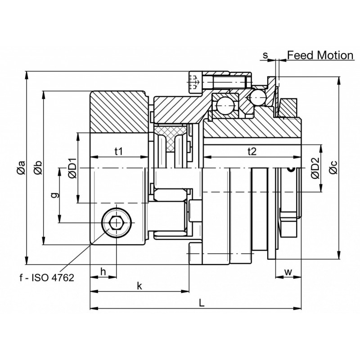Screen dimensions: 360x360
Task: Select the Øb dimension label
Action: pyautogui.click(x=38, y=167)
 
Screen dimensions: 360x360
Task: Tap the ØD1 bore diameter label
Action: pyautogui.click(x=72, y=168)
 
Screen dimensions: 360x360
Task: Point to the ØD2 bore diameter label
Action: pyautogui.click(x=316, y=168)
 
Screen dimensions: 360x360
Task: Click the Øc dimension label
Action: pyautogui.click(x=333, y=167)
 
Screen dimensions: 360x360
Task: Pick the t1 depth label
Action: pyautogui.click(x=118, y=151)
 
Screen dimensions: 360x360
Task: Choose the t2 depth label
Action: pyautogui.click(x=252, y=151)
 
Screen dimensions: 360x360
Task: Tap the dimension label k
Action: pyautogui.click(x=139, y=286)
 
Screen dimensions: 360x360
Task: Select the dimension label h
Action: pyautogui.click(x=103, y=272)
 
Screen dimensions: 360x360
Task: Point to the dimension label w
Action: pyautogui.click(x=288, y=272)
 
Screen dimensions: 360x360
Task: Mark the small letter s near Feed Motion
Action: pyautogui.click(x=265, y=55)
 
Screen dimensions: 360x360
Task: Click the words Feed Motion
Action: pyautogui.click(x=320, y=55)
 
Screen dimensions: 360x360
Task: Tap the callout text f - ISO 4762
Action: pyautogui.click(x=47, y=278)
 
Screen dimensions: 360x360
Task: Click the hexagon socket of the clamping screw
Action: pyautogui.click(x=117, y=223)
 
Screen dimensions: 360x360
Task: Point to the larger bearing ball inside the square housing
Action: pyautogui.click(x=226, y=106)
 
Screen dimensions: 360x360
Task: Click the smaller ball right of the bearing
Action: pyautogui.click(x=258, y=97)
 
